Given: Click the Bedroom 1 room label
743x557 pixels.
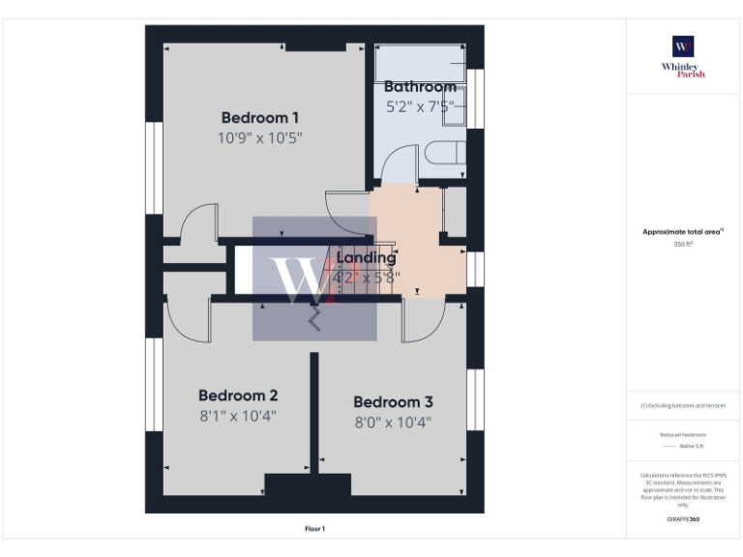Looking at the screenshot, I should point(259,118).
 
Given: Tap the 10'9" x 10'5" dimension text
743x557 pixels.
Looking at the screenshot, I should point(259,138).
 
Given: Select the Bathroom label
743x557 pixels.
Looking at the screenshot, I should point(420,87).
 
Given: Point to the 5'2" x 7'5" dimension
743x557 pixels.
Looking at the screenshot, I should point(420,107).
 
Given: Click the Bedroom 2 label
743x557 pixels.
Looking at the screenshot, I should point(238,396).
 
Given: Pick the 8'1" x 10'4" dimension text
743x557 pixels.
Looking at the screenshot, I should point(238,418).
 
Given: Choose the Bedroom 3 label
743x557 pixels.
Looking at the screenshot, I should point(393,402).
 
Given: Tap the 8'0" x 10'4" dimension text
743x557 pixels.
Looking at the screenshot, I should point(393,423).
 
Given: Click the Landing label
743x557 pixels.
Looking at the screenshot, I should point(366,258).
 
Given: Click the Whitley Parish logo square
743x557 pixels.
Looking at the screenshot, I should point(683,47).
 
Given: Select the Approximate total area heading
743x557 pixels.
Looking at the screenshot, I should point(683,232).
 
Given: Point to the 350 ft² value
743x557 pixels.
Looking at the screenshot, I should point(683,245).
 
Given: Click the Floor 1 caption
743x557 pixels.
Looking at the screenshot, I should point(315,529).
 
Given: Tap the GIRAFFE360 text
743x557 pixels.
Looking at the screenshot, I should point(683,520).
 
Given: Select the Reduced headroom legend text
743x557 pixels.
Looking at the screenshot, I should point(683,434).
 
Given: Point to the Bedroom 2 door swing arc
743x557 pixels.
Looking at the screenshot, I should point(189,319).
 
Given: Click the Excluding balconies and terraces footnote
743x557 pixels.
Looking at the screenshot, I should point(683,405).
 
